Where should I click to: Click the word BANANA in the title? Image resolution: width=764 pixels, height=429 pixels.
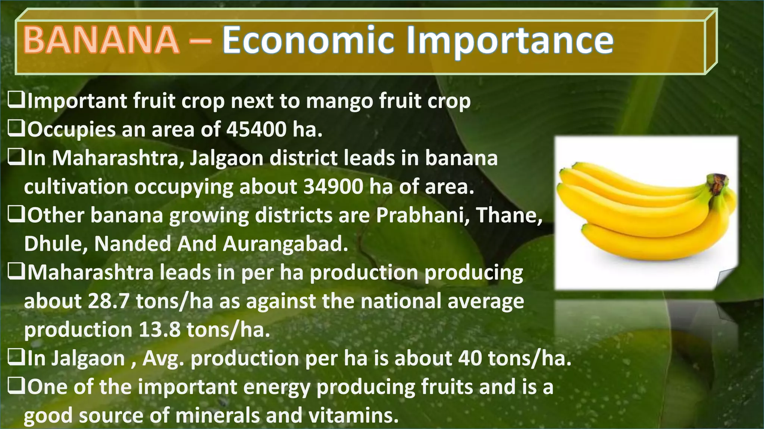click(101, 40)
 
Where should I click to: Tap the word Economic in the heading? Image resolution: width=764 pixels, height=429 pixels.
click(309, 40)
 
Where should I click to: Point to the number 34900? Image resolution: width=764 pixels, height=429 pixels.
click(333, 187)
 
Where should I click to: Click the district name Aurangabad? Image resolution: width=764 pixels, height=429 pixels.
click(285, 244)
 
